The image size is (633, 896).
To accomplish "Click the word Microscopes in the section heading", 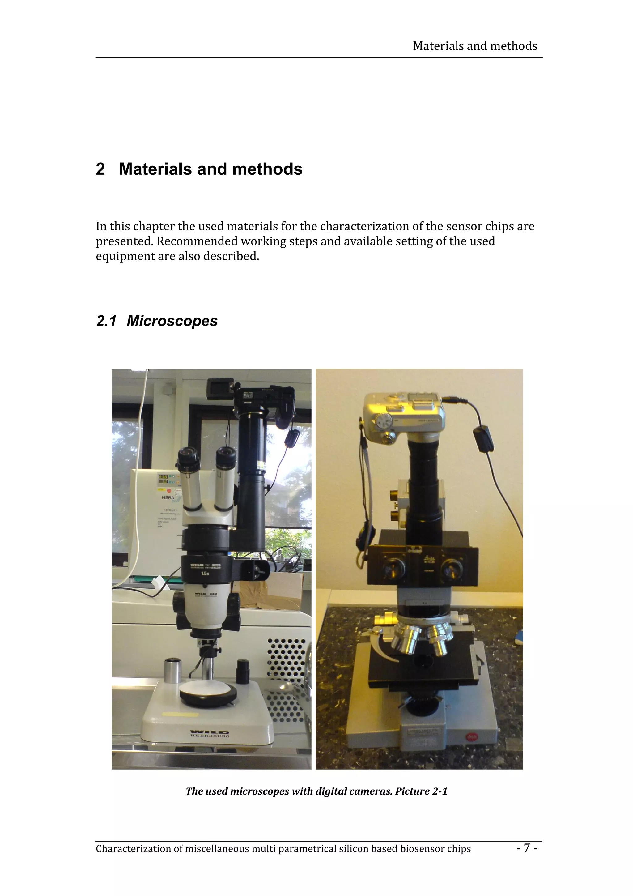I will [172, 321].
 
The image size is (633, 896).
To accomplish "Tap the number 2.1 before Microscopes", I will [106, 321].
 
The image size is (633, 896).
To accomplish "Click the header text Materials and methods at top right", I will [475, 46].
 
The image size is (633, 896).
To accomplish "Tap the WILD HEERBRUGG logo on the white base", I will [210, 733].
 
